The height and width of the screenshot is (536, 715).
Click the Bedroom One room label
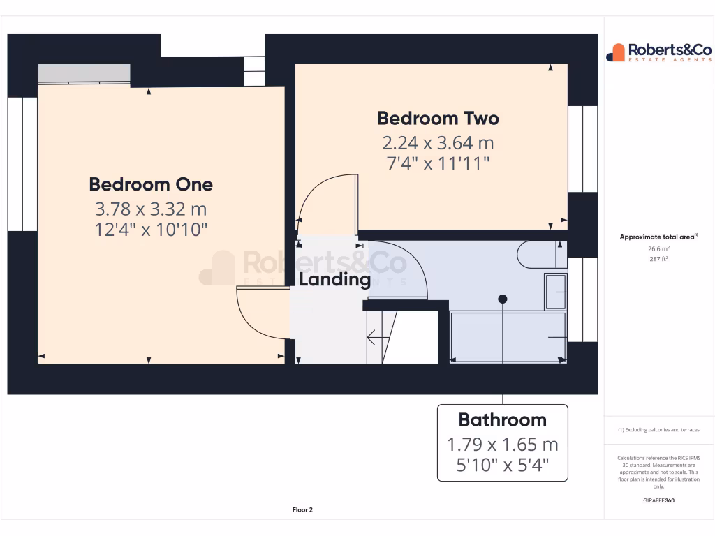(151, 185)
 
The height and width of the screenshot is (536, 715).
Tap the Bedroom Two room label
(438, 119)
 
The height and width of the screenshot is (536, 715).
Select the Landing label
(334, 280)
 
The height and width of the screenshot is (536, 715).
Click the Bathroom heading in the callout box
(502, 420)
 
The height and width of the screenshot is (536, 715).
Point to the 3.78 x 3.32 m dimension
(151, 209)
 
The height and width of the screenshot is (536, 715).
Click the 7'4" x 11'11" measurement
(438, 164)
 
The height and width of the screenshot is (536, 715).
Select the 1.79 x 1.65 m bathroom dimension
(502, 445)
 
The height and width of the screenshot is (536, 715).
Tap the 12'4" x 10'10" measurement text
(151, 229)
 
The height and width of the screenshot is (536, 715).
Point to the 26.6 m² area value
(660, 248)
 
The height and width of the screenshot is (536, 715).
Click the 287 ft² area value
(660, 259)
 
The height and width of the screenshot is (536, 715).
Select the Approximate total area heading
(658, 237)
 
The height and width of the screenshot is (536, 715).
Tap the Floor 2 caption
(302, 510)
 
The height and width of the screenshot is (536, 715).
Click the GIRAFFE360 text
(660, 500)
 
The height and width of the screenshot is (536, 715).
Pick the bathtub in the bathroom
(508, 338)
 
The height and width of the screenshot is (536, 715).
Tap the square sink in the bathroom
(556, 291)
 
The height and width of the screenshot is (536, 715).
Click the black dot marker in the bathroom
(503, 299)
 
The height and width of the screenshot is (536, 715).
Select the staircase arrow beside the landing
(377, 341)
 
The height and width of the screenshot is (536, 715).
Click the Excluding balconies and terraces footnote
(658, 430)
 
